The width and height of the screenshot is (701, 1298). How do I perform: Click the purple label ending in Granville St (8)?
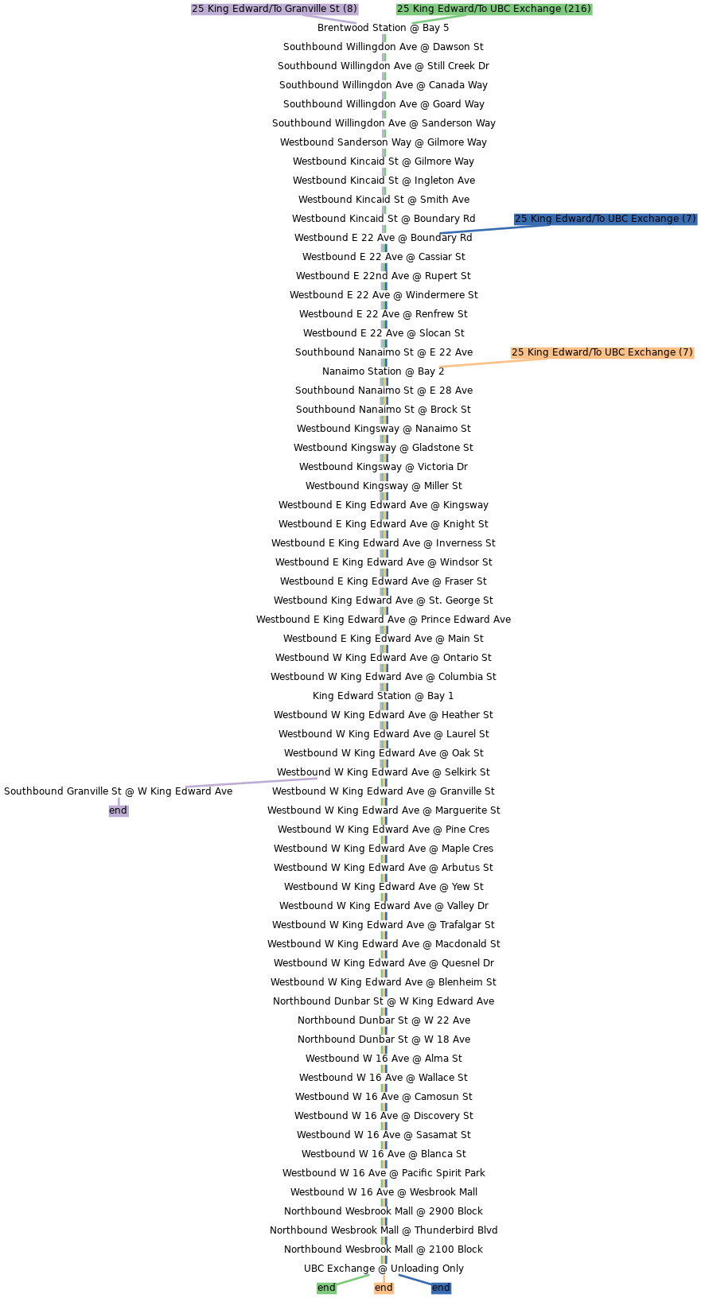(275, 9)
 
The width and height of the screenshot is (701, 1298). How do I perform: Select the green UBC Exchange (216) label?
(494, 9)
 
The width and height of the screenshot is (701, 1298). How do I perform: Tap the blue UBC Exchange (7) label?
(606, 219)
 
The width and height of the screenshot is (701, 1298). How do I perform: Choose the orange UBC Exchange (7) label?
(603, 352)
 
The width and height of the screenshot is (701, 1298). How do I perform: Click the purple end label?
(118, 810)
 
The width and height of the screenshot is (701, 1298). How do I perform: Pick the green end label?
(326, 1288)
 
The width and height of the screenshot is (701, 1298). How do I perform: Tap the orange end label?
(384, 1288)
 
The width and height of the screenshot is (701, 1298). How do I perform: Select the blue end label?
(441, 1288)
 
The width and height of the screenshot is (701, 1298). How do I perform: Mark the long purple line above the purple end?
(251, 783)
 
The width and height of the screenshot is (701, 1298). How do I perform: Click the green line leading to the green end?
(354, 1280)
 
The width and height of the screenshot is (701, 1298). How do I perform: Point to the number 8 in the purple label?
(349, 9)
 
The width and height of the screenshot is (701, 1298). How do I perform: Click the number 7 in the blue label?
(688, 219)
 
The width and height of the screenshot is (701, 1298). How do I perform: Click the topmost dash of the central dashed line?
(384, 37)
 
